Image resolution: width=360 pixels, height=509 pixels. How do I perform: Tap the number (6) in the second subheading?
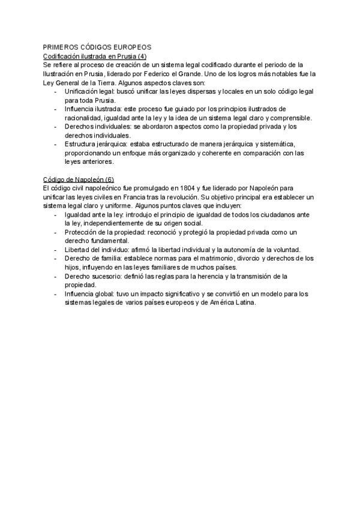[x=109, y=179]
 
